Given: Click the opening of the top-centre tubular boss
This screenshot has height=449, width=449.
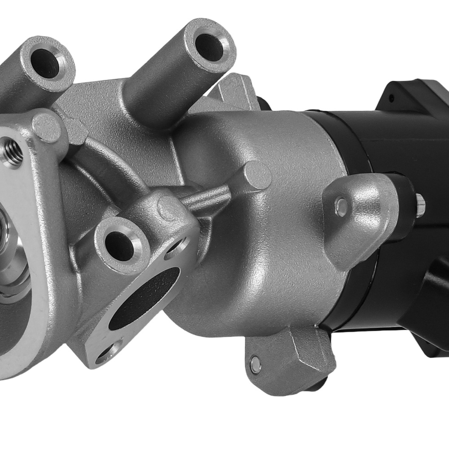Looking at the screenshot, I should coord(209,47).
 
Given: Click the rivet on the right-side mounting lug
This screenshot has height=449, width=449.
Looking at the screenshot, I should coord(341,206).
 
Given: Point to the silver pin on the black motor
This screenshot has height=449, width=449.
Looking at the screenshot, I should coord(420,204).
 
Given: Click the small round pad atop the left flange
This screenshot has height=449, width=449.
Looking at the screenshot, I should coord(46,127).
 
